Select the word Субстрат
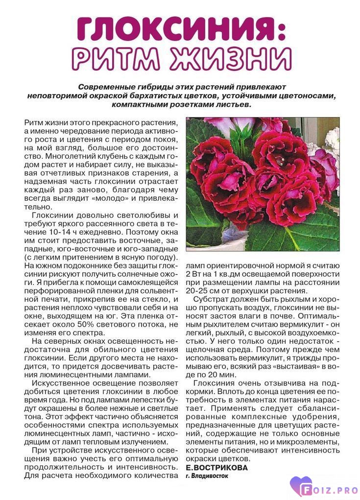[213, 299]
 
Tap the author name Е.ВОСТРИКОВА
[216, 467]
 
